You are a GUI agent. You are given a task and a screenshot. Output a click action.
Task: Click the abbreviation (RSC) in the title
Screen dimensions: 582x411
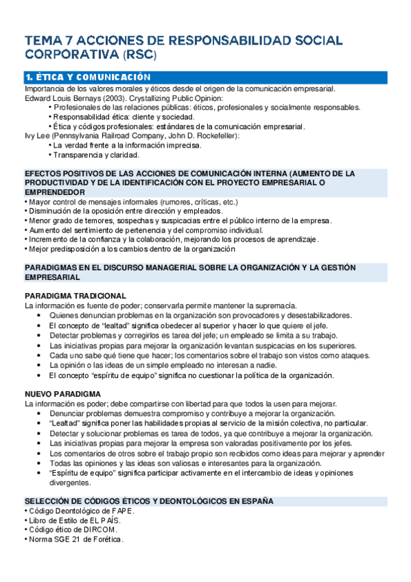[x=141, y=54]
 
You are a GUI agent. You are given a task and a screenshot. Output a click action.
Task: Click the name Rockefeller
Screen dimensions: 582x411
[x=215, y=136]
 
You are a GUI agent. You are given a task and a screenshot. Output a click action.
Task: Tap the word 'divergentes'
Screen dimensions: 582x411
[x=70, y=483]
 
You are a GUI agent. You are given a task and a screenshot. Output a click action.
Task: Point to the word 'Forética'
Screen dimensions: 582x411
[x=107, y=539]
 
